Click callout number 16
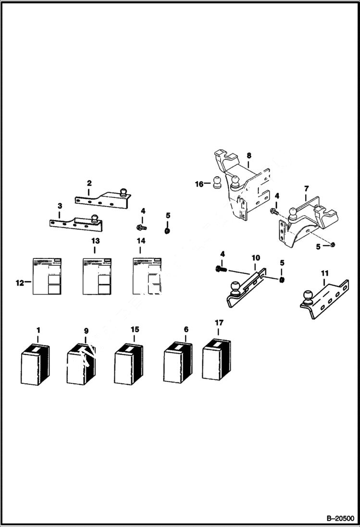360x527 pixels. pos(199,184)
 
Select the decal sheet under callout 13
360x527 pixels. pos(98,276)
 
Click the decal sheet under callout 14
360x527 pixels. pos(147,276)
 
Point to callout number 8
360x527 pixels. pos(249,156)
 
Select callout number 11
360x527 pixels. pos(324,273)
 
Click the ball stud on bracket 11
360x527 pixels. pos(308,296)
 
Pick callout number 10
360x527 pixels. pos(255,258)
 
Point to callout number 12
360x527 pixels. pos(20,283)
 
